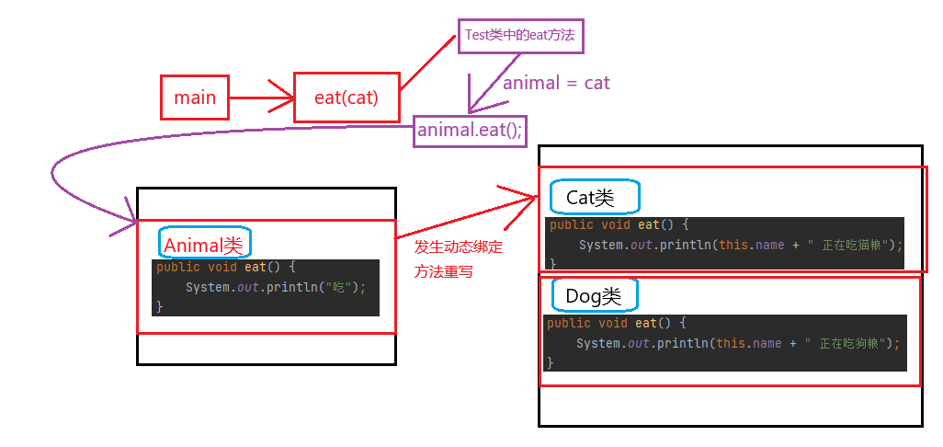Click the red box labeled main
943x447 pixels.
[x=194, y=97]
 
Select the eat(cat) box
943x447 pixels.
[x=347, y=97]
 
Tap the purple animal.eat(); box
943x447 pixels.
[x=470, y=131]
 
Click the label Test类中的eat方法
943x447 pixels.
[x=520, y=37]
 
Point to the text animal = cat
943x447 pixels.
[x=556, y=83]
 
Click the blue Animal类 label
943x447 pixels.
[x=204, y=245]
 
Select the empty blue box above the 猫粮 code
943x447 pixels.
[x=594, y=197]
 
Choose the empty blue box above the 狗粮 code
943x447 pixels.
[x=594, y=294]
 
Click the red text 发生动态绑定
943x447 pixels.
[x=459, y=246]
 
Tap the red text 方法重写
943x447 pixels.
[x=443, y=272]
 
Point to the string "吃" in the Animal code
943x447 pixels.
[x=343, y=287]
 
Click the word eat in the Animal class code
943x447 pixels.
[x=255, y=267]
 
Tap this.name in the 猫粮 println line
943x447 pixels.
[x=749, y=245]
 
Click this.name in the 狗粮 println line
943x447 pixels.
[x=746, y=343]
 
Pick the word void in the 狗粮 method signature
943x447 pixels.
[x=613, y=323]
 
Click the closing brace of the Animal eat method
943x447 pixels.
[x=160, y=306]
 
